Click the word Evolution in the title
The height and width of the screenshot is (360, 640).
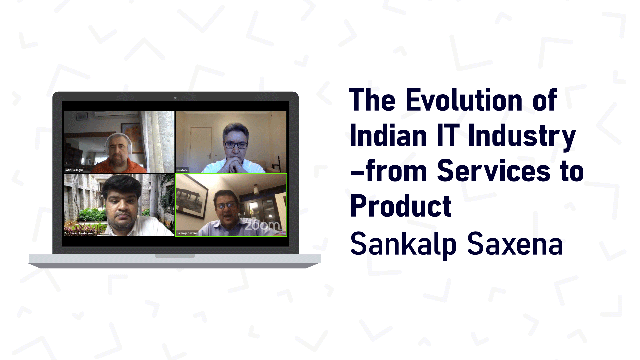[464, 100]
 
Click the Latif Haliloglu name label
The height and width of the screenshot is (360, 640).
[74, 170]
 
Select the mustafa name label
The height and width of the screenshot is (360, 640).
[182, 170]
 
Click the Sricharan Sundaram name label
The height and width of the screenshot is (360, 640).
[78, 233]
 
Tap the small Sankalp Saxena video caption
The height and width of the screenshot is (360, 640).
[187, 233]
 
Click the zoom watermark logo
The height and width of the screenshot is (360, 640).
[262, 226]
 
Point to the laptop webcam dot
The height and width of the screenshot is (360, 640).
[175, 98]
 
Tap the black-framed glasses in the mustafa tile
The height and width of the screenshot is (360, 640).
[236, 145]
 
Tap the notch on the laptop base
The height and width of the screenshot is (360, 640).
[175, 256]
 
